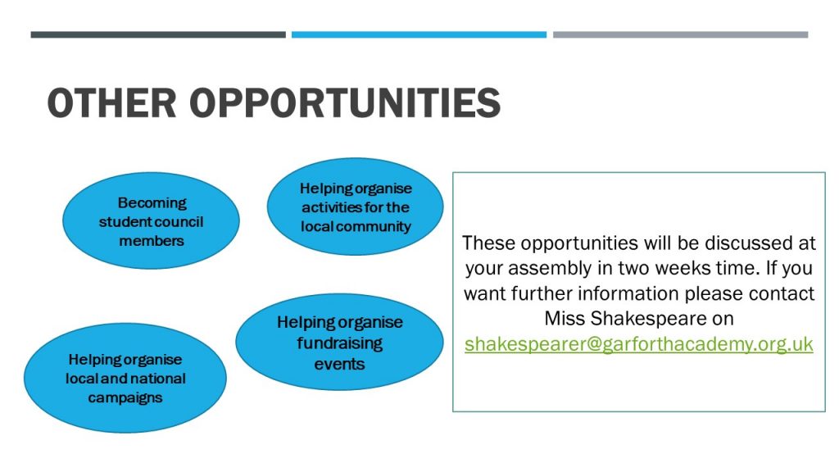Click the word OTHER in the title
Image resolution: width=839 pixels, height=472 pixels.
(x=111, y=102)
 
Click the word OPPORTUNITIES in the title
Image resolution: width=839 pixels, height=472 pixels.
(x=345, y=102)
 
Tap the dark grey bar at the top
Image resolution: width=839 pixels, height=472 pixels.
(x=158, y=34)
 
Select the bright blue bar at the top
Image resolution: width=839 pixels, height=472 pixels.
(x=419, y=34)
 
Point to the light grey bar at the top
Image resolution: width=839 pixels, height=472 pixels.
(x=681, y=34)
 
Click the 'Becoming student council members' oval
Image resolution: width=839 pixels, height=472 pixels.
(x=151, y=220)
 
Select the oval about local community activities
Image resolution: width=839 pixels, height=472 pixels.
(x=356, y=206)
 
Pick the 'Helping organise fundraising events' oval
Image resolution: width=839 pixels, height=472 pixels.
(x=339, y=342)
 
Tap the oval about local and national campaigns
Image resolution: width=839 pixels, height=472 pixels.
(x=125, y=378)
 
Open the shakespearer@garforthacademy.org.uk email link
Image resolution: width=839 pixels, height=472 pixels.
(x=639, y=343)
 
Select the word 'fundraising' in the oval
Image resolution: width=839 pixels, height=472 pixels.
(x=340, y=343)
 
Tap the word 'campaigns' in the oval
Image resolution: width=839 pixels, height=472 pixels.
(x=125, y=398)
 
